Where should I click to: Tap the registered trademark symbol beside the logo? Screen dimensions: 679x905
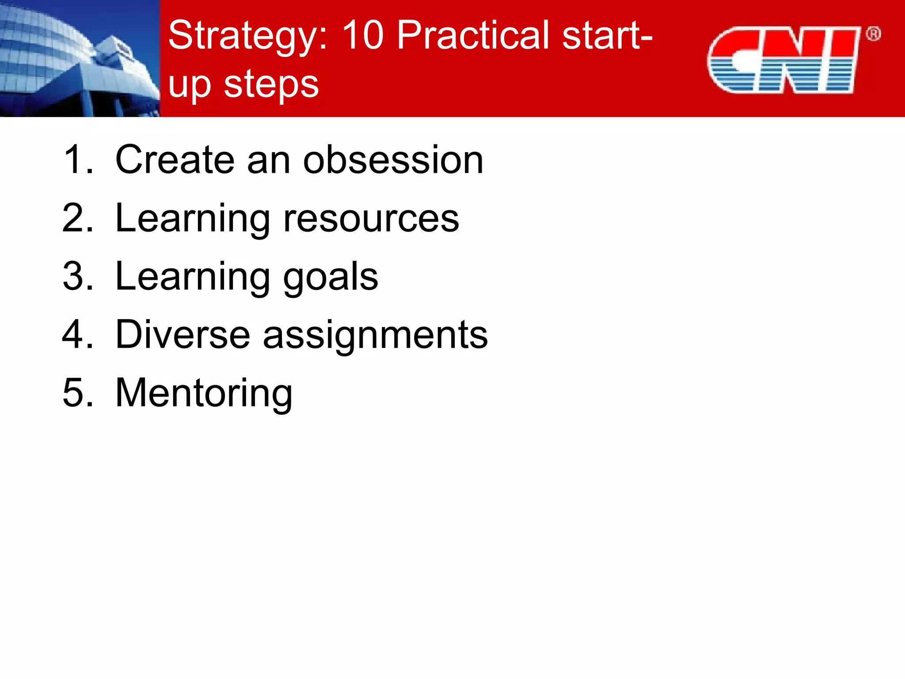(x=873, y=34)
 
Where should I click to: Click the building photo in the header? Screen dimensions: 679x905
(x=80, y=58)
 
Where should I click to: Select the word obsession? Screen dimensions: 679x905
(x=393, y=160)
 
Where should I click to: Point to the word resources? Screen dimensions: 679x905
(x=371, y=218)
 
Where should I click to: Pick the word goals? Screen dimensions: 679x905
(x=330, y=277)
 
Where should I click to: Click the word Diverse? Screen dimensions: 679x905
(x=183, y=335)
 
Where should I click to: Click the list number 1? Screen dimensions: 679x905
(x=75, y=160)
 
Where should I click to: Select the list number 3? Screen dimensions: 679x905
(x=75, y=276)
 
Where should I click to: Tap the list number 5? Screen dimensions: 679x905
(x=75, y=393)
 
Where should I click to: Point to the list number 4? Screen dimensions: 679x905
(x=75, y=335)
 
